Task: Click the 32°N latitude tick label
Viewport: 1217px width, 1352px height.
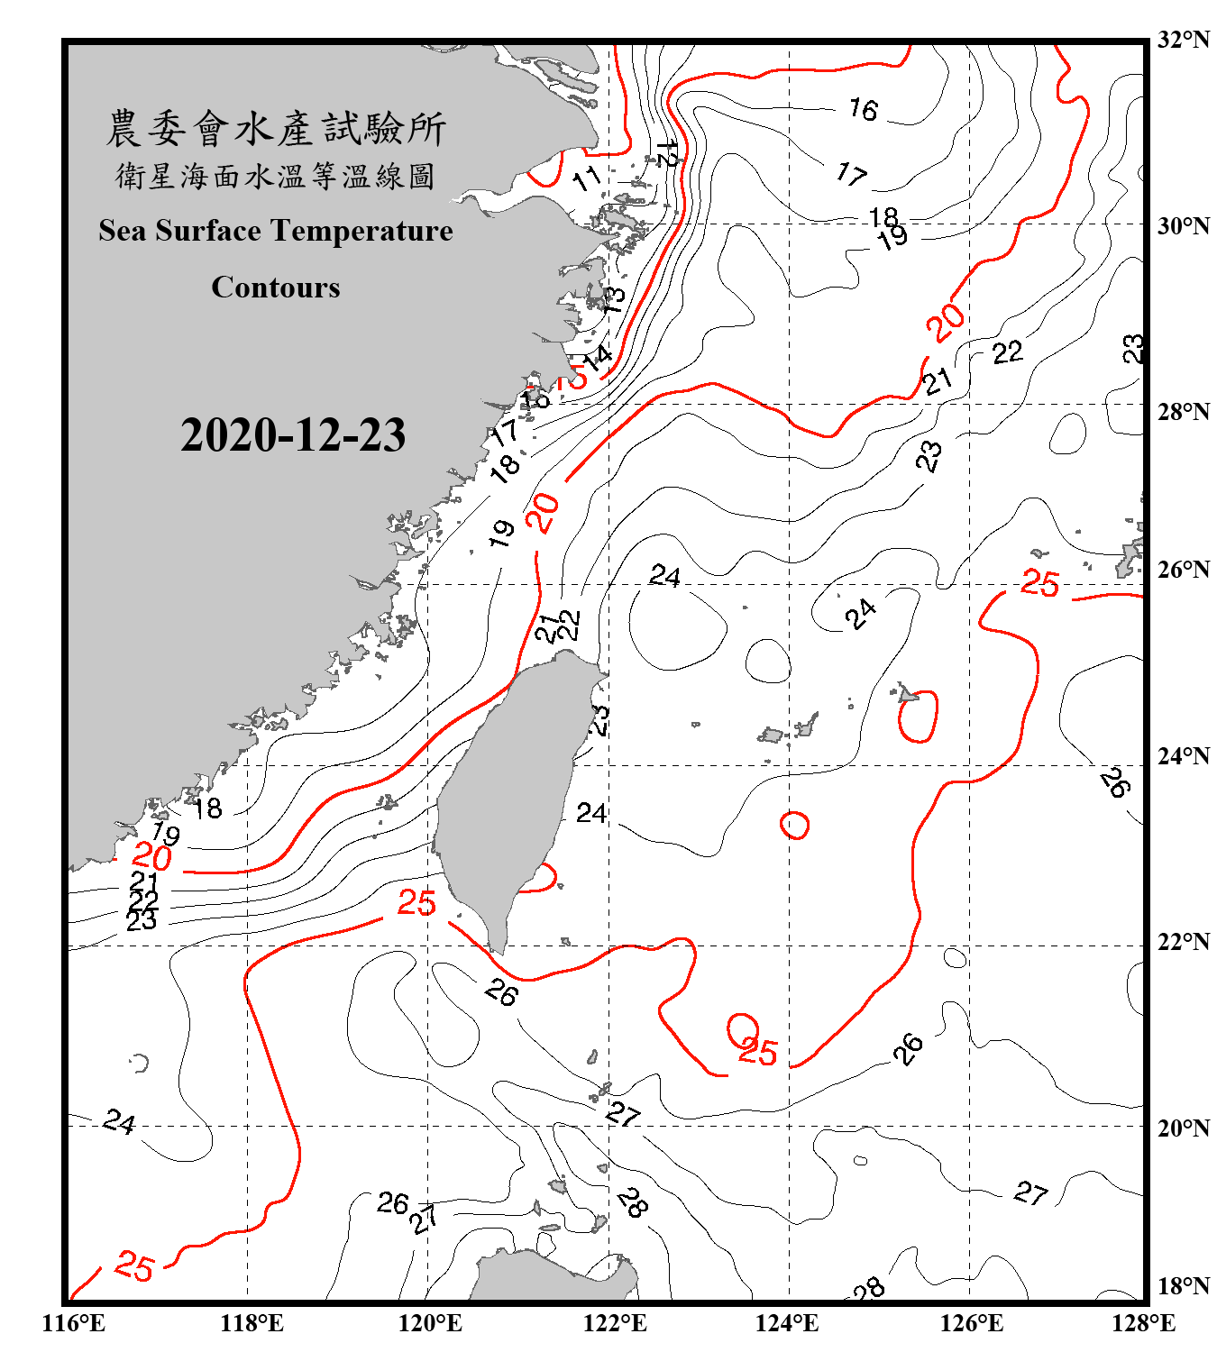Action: click(x=1183, y=40)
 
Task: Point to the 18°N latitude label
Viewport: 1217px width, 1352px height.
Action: click(x=1183, y=1286)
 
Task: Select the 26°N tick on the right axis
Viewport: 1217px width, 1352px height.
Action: click(x=1183, y=570)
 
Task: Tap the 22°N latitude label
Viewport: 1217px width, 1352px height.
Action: click(x=1183, y=942)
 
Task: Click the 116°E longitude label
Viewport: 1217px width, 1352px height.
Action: click(x=73, y=1323)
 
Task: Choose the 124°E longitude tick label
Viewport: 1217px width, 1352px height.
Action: click(x=787, y=1323)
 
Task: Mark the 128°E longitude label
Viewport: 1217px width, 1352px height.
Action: click(x=1143, y=1323)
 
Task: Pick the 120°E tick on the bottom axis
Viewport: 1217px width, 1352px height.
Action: click(x=430, y=1323)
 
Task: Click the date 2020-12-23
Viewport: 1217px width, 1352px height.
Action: click(x=293, y=435)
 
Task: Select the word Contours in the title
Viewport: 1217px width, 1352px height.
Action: click(x=276, y=288)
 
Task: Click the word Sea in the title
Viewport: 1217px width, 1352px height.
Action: click(x=123, y=231)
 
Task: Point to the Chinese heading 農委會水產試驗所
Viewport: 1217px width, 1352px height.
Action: click(x=276, y=129)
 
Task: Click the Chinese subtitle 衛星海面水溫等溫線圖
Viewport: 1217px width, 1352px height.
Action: click(x=276, y=176)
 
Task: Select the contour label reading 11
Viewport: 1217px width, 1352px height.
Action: click(x=587, y=178)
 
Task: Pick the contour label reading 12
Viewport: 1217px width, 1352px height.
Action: click(x=668, y=153)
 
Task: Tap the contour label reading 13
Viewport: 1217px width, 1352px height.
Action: click(x=612, y=298)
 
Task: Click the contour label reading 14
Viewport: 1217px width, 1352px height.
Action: click(x=597, y=356)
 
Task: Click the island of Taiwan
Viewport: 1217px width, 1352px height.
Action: click(x=509, y=793)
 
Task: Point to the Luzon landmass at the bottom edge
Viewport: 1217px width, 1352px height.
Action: click(x=550, y=1275)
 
